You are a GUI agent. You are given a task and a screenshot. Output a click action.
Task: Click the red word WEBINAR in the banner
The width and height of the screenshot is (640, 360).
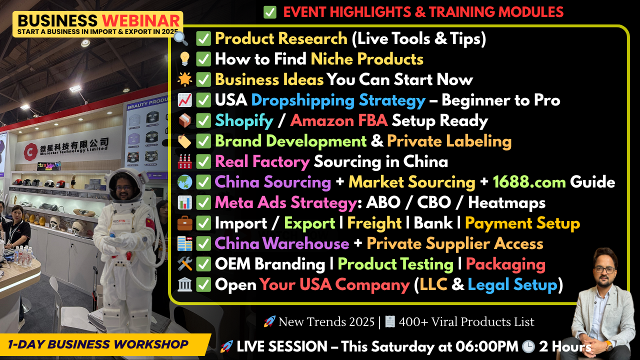click(x=141, y=20)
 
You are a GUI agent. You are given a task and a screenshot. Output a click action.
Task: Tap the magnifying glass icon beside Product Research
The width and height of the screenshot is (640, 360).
click(x=180, y=38)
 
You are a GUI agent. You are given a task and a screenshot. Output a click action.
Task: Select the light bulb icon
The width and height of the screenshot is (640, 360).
click(x=184, y=59)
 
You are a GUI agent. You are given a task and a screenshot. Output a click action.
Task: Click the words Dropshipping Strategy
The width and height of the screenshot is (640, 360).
click(x=338, y=100)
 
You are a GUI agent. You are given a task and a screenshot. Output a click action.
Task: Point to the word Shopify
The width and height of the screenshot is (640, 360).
click(x=244, y=121)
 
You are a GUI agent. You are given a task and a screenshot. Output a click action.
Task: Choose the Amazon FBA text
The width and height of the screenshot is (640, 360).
click(x=339, y=120)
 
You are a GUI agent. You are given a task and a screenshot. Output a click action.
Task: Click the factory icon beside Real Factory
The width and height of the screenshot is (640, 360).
click(x=184, y=161)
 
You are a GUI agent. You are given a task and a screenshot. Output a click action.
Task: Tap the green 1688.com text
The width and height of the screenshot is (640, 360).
click(x=529, y=182)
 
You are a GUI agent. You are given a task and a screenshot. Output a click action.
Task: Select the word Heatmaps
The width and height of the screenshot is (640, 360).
click(x=506, y=203)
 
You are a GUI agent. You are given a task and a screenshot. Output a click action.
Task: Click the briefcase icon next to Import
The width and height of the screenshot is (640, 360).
click(x=184, y=223)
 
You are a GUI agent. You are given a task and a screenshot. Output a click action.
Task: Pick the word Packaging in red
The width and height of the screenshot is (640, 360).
click(x=505, y=264)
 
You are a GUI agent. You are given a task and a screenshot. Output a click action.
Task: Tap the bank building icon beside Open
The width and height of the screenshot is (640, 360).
click(x=184, y=284)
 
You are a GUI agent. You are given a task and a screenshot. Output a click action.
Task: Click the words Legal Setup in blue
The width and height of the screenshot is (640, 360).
click(x=512, y=285)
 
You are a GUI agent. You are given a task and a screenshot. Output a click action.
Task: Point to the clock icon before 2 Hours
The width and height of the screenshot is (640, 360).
click(x=528, y=346)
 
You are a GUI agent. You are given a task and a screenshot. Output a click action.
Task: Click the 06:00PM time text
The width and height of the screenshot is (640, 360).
click(x=486, y=346)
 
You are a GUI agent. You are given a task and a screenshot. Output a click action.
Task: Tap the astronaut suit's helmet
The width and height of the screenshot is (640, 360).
click(x=125, y=185)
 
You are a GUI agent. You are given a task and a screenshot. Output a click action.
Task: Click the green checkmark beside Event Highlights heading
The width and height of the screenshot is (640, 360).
click(x=269, y=12)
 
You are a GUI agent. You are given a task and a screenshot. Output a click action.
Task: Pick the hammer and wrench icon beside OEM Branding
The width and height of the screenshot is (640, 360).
click(x=184, y=263)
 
